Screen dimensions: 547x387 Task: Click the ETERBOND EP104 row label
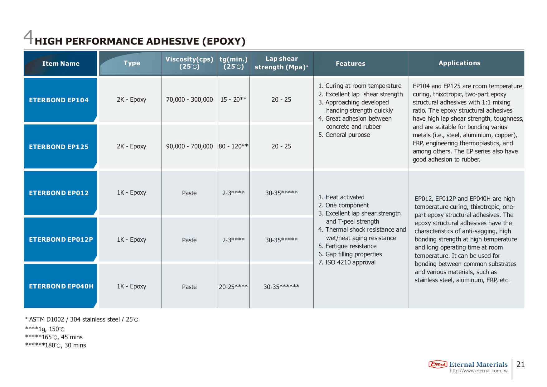click(x=59, y=100)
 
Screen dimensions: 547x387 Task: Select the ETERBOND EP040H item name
click(x=61, y=286)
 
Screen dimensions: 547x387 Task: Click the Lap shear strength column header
click(x=281, y=63)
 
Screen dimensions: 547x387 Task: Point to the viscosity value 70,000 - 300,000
click(x=189, y=99)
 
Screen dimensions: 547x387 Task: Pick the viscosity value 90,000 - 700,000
click(x=189, y=146)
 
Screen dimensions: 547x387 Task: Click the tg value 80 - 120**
click(x=233, y=146)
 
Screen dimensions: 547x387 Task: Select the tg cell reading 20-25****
click(x=233, y=287)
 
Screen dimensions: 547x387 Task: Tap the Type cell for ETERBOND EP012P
click(x=132, y=240)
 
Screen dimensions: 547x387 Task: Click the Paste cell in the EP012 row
click(x=189, y=193)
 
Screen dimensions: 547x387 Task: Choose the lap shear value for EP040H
click(x=281, y=287)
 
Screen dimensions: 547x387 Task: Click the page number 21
click(x=520, y=364)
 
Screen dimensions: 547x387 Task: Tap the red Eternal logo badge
click(x=438, y=364)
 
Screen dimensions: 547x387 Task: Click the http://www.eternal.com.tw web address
click(x=478, y=371)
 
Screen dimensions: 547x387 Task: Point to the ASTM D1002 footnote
click(x=81, y=319)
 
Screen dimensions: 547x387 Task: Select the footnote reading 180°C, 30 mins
click(x=56, y=345)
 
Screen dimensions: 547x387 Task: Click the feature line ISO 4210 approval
click(x=347, y=262)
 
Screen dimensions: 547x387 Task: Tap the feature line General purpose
click(x=344, y=135)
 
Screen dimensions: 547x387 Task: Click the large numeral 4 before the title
click(x=28, y=37)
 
